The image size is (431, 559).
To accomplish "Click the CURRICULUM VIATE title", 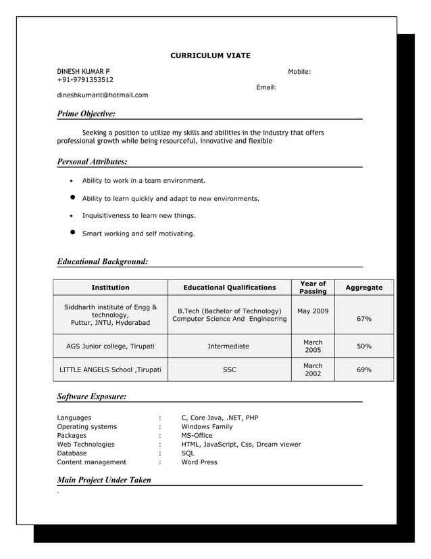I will [209, 55].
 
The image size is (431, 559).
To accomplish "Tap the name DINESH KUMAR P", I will [82, 71].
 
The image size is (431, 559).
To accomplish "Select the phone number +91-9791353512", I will [85, 79].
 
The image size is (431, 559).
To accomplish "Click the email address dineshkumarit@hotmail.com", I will [102, 95].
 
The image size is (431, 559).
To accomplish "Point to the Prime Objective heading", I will [86, 114].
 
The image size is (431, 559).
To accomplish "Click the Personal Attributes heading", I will [92, 162].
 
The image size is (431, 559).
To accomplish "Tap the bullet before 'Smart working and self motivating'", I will [72, 233].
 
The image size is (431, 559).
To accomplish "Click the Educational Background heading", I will [102, 261].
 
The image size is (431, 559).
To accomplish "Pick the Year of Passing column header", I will [313, 288].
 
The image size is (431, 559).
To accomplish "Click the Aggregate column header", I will [364, 288].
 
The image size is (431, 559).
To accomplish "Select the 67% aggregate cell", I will [364, 319].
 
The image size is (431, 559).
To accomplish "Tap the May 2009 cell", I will [313, 311].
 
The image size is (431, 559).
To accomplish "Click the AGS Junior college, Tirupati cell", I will [110, 346].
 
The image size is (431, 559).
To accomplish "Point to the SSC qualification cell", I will [229, 370].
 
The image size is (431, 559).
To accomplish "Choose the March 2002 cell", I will [313, 370].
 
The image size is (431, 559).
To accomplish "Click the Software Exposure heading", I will [91, 396].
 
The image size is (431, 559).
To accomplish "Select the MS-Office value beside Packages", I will [197, 436].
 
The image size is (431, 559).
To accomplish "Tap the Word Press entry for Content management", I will [199, 462].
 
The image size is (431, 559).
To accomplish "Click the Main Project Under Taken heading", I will [104, 480].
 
